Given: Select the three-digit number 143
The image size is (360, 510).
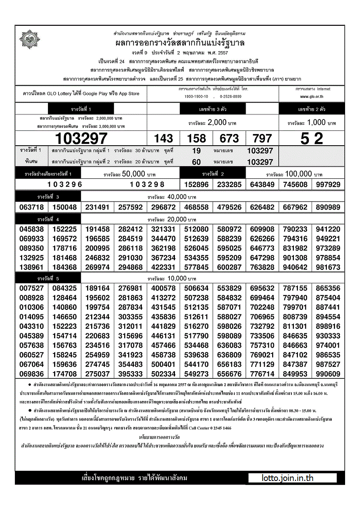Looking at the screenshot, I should click(163, 138).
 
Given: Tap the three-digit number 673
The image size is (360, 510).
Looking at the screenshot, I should click(229, 138).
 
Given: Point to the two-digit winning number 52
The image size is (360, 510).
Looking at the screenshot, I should click(312, 138).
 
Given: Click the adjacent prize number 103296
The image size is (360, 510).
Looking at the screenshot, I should click(65, 184).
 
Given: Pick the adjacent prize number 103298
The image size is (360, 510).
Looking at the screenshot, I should click(147, 184).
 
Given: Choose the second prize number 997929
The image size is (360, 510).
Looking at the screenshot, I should click(328, 184).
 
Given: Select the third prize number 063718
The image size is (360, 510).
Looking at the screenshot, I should click(31, 207).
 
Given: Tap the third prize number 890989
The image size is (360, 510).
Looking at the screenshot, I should click(328, 207).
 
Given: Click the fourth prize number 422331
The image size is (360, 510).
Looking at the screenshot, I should click(163, 267).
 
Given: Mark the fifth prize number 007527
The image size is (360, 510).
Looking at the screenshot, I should click(31, 288).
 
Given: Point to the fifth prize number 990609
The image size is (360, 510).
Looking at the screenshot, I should click(328, 374).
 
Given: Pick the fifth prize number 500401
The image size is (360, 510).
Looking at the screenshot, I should click(163, 364).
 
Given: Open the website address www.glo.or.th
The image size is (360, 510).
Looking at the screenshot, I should click(312, 97).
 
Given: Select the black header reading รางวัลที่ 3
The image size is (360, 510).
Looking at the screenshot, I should click(48, 197).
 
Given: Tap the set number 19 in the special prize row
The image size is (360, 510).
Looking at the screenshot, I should click(196, 151).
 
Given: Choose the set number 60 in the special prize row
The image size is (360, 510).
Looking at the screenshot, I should click(196, 162).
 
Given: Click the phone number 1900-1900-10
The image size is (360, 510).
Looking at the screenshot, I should click(196, 97).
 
